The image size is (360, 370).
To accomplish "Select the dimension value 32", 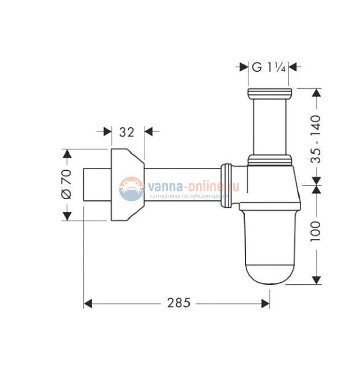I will click(x=127, y=132).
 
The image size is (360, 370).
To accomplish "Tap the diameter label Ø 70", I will click(x=67, y=184).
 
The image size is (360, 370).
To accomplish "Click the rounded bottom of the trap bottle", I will click(x=270, y=274).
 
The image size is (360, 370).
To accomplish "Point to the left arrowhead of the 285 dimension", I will click(x=88, y=304).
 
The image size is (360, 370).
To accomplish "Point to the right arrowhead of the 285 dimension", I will click(x=266, y=304).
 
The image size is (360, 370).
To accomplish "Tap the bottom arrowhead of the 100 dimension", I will click(x=316, y=281).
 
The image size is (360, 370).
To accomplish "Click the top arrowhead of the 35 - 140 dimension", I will click(x=316, y=93).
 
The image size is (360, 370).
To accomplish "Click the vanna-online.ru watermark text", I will click(x=193, y=186).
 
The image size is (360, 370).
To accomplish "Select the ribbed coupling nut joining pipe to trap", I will click(x=227, y=183).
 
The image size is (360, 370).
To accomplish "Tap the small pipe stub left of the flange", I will click(x=96, y=183).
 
